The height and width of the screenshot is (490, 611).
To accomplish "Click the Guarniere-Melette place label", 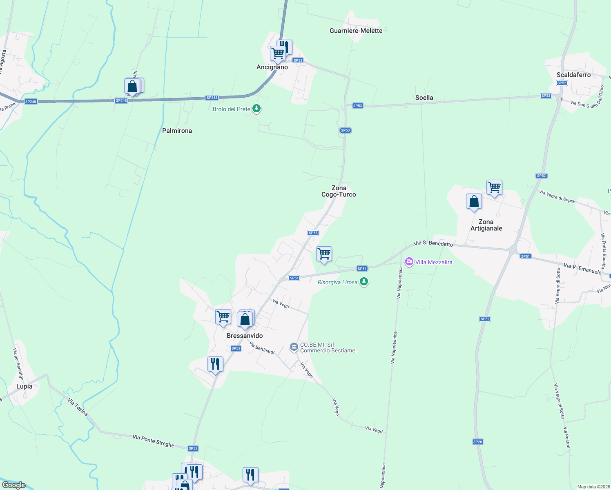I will point(356,31).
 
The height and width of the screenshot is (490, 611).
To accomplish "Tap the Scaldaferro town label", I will point(573,75).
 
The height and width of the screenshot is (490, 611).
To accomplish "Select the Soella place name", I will point(424,98).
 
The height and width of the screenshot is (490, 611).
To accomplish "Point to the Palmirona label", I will point(177,131).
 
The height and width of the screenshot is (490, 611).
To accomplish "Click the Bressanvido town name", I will point(245,336).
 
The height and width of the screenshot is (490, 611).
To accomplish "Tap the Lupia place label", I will point(24,386).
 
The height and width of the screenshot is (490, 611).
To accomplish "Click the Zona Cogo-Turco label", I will point(339,191).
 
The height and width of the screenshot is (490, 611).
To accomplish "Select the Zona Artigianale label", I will point(486,225).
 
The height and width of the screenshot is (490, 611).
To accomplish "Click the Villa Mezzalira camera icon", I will point(409,262).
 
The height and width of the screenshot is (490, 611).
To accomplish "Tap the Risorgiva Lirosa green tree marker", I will point(364,282).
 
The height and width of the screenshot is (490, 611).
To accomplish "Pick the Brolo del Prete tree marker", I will point(256,109).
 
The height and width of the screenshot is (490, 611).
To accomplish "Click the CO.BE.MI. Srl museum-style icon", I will point(294,347).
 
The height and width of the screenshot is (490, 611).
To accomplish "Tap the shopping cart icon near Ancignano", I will point(278,53).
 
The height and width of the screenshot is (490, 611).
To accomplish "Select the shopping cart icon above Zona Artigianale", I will point(494,187).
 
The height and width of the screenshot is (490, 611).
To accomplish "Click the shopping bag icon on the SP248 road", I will point(132,86).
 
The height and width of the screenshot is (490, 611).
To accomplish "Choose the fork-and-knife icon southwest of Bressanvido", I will point(215,364).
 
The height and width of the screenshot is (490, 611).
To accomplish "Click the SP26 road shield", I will point(477,441).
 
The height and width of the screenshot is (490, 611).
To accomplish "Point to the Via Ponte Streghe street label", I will point(153,441).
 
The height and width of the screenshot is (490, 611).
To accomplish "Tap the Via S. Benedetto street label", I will point(433,243).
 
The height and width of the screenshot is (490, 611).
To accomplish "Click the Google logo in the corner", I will point(13,485).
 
